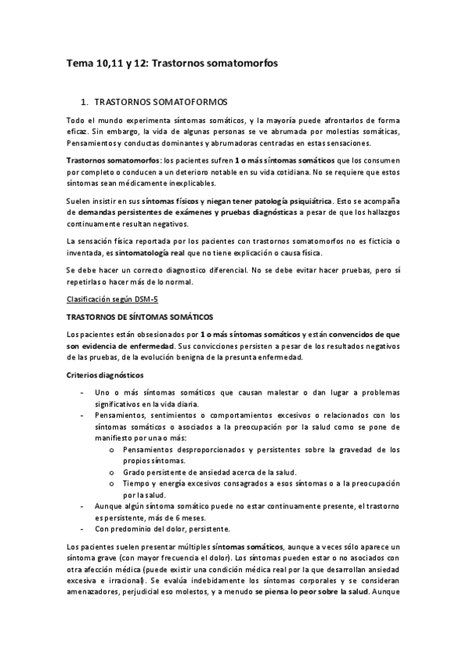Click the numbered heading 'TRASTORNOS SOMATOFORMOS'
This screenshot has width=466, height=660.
(x=160, y=102)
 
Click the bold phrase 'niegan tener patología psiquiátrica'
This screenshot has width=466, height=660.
(x=266, y=200)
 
